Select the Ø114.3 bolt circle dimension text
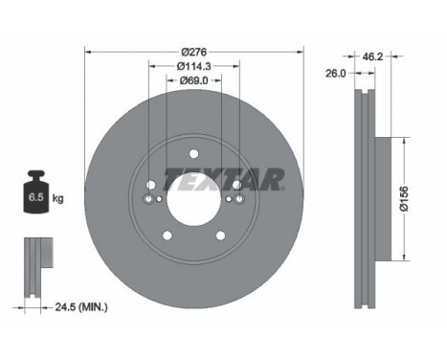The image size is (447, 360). (x=195, y=66)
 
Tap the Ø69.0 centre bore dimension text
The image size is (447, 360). (x=195, y=82)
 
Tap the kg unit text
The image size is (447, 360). (x=58, y=198)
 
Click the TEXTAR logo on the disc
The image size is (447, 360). (x=224, y=178)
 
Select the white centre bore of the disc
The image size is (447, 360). (x=194, y=198)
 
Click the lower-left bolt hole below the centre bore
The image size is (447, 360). (x=168, y=235)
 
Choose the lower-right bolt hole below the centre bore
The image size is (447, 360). (x=223, y=235)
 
